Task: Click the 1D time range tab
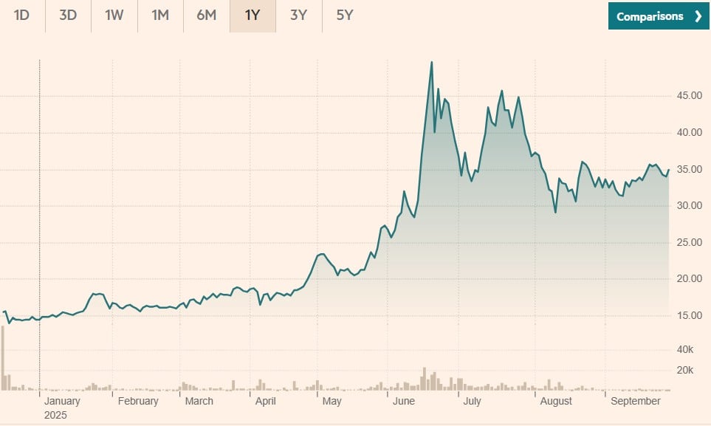pyautogui.click(x=21, y=16)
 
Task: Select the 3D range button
pyautogui.click(x=68, y=16)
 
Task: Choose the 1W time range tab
pyautogui.click(x=114, y=16)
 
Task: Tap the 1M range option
pyautogui.click(x=160, y=16)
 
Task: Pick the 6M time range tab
pyautogui.click(x=207, y=16)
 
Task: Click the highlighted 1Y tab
pyautogui.click(x=253, y=16)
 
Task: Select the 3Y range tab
pyautogui.click(x=298, y=16)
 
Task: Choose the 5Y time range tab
pyautogui.click(x=345, y=16)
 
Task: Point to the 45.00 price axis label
pyautogui.click(x=690, y=96)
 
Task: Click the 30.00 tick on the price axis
pyautogui.click(x=690, y=205)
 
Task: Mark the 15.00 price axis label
pyautogui.click(x=690, y=315)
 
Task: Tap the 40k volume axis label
pyautogui.click(x=692, y=349)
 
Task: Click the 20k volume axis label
pyautogui.click(x=692, y=370)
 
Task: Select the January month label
pyautogui.click(x=62, y=401)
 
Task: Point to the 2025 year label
pyautogui.click(x=55, y=415)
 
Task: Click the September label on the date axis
pyautogui.click(x=636, y=401)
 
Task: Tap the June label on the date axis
pyautogui.click(x=404, y=401)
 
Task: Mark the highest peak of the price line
pyautogui.click(x=431, y=62)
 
